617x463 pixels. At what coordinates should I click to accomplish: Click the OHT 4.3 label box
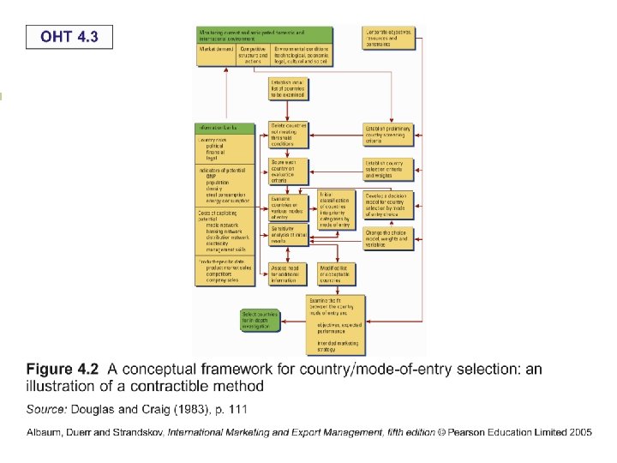[x=69, y=38]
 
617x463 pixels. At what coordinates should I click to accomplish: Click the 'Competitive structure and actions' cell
[x=253, y=55]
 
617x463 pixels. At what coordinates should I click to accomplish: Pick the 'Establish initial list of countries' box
[x=289, y=87]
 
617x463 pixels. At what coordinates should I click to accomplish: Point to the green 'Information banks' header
[x=225, y=129]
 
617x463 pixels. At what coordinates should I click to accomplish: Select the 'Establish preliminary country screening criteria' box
[x=389, y=134]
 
